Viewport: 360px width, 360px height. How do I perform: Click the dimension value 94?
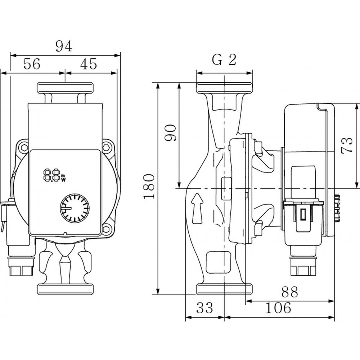click(65, 46)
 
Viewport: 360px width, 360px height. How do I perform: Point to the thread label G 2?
click(224, 60)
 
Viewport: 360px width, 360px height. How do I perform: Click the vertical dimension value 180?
click(149, 186)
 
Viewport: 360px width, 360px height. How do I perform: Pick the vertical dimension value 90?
click(170, 133)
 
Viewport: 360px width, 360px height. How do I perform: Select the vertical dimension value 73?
click(347, 145)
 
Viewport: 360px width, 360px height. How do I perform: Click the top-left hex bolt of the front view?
click(24, 148)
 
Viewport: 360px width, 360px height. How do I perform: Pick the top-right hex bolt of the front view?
click(107, 148)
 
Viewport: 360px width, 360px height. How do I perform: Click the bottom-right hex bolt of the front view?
click(107, 229)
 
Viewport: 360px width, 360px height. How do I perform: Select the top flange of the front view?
click(65, 88)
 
